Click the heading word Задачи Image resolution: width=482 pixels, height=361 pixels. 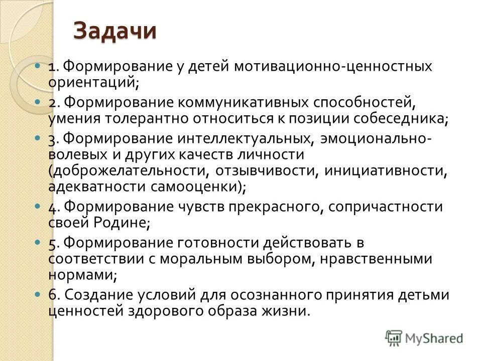coord(114,32)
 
